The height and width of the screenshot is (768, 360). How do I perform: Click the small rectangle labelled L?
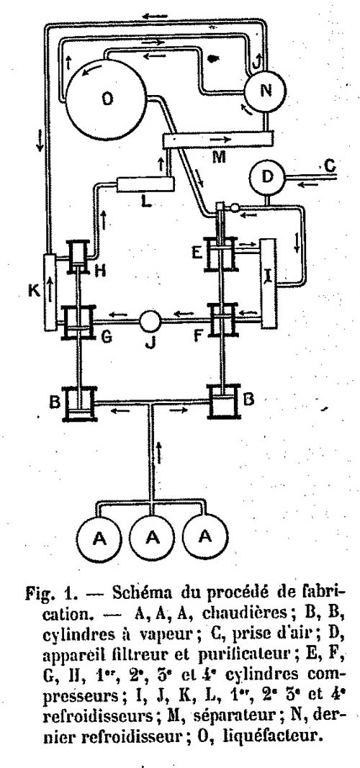pyautogui.click(x=146, y=185)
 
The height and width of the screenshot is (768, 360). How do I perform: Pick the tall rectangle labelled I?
pyautogui.click(x=269, y=283)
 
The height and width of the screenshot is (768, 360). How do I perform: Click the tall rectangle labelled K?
pyautogui.click(x=50, y=292)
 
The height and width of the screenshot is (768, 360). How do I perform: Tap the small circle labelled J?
pyautogui.click(x=150, y=321)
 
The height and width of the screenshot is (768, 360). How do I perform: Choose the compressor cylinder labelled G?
pyautogui.click(x=78, y=322)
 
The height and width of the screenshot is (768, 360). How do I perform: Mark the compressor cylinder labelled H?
pyautogui.click(x=78, y=257)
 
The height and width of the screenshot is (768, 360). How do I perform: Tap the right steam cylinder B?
pyautogui.click(x=224, y=402)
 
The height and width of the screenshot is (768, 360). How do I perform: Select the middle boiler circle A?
pyautogui.click(x=153, y=538)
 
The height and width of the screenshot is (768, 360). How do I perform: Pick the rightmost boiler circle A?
pyautogui.click(x=205, y=537)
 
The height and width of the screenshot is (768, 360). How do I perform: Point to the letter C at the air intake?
pyautogui.click(x=330, y=167)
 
